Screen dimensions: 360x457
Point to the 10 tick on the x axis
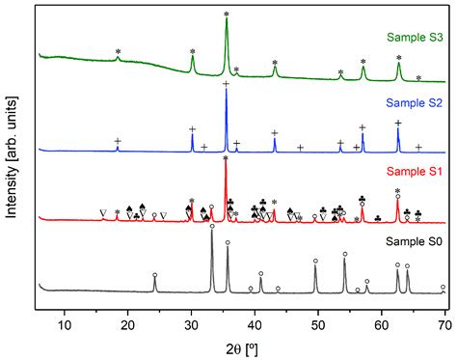point(65,312)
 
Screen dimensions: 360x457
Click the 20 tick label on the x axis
point(128,312)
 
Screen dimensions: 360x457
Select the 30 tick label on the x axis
point(192,312)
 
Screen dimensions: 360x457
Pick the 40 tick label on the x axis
point(255,312)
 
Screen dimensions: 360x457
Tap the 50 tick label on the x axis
point(319,312)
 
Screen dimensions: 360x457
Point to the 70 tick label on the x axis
point(444,312)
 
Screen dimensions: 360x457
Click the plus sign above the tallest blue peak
point(227,85)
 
